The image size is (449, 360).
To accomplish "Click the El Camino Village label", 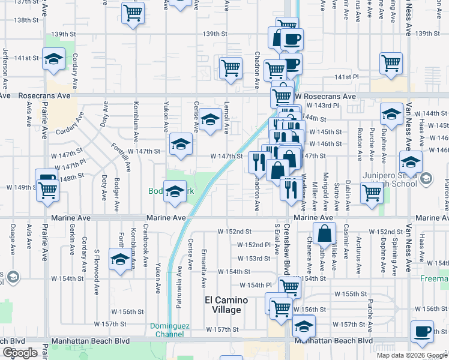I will (223, 305).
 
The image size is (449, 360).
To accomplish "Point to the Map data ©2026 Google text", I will (412, 355).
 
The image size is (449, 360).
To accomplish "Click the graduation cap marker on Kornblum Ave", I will (119, 260).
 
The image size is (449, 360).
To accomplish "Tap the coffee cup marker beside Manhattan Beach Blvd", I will (422, 331).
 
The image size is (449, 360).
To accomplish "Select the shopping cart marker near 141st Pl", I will (391, 62).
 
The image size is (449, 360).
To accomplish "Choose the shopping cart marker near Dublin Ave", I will (372, 193).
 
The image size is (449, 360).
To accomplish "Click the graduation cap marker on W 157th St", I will (304, 326).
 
